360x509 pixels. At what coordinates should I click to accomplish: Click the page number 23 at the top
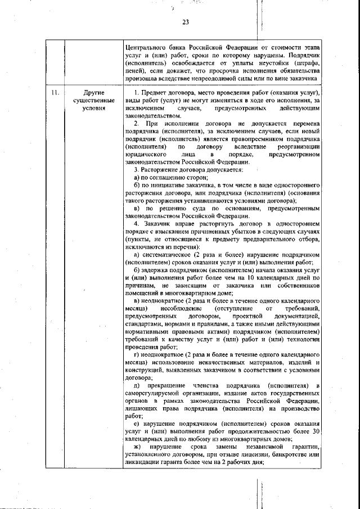(186, 22)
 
